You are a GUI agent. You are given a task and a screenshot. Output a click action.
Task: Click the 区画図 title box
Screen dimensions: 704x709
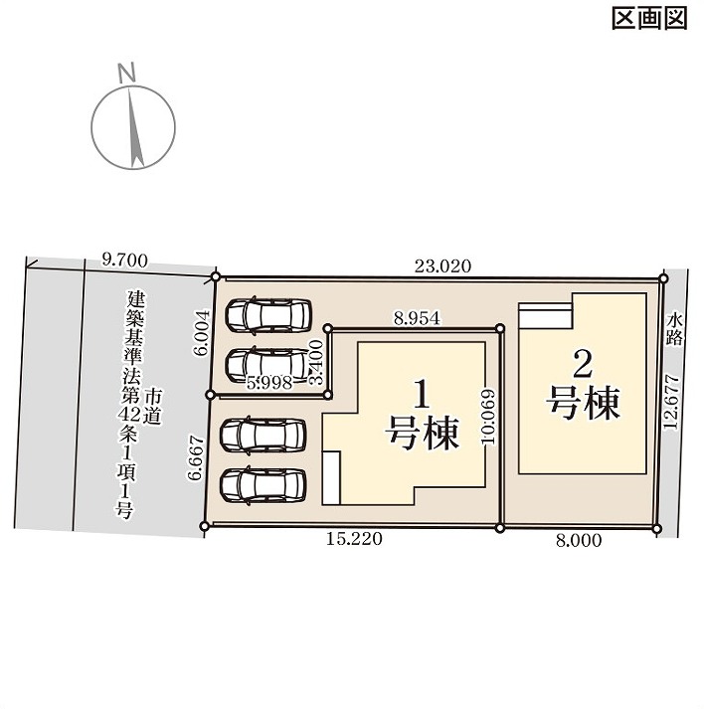[649, 19]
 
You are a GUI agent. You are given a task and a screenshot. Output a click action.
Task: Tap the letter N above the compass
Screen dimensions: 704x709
[126, 73]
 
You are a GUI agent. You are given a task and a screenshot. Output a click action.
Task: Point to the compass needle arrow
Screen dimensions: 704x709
[135, 127]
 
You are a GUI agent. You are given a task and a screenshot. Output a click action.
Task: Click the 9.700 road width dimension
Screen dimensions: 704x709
[125, 261]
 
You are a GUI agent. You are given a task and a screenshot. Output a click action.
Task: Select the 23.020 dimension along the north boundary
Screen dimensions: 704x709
[443, 266]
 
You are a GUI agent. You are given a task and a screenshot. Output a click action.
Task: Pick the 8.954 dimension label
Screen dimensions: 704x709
[417, 319]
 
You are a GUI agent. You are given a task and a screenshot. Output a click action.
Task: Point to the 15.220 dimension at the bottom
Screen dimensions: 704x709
[354, 539]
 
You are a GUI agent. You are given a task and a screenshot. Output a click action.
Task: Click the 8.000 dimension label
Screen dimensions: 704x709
[579, 540]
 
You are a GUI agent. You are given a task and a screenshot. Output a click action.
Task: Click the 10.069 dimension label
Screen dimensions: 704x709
[489, 418]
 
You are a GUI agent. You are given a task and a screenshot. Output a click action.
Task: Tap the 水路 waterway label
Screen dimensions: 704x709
[674, 330]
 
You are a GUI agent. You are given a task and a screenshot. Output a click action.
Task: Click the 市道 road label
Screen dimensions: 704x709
[153, 408]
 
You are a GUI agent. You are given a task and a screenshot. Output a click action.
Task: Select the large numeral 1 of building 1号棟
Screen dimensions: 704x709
[422, 395]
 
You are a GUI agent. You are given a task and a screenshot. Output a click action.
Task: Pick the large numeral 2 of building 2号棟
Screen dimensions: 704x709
[583, 365]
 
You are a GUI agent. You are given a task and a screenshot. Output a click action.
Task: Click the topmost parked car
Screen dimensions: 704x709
[268, 315]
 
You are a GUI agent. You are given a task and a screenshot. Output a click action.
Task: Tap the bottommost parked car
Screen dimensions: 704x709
[263, 486]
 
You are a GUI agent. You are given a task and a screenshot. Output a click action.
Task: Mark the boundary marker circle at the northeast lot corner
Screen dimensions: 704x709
[663, 278]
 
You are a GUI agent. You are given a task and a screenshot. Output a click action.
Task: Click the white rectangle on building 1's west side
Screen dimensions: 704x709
[331, 478]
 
